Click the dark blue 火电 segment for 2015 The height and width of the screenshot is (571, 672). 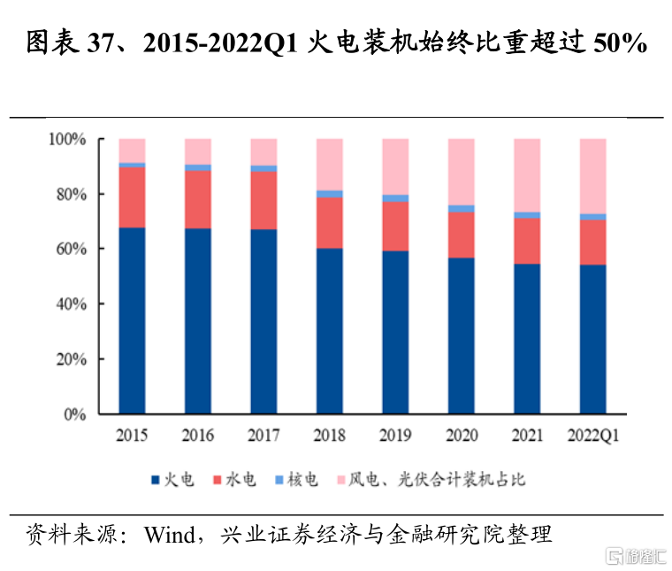coord(132,320)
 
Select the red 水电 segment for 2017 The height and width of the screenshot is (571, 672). coord(263,200)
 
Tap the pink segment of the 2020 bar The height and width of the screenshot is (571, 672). coord(462,172)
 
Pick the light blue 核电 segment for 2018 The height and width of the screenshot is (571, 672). coord(330,194)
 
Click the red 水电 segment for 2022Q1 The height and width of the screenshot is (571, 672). coord(592,243)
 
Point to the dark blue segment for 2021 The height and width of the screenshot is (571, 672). coord(527,338)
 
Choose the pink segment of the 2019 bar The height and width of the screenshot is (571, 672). coord(395,166)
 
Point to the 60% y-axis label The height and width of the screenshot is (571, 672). coord(69,249)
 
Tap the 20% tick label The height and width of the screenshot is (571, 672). coord(69,359)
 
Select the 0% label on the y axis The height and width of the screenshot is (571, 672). coord(73,414)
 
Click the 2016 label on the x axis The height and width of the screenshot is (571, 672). coord(197,436)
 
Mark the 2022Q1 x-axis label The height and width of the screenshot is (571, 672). coord(592,436)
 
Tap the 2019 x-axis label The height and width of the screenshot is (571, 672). coord(395,436)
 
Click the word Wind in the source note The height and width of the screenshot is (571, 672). coord(170,535)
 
